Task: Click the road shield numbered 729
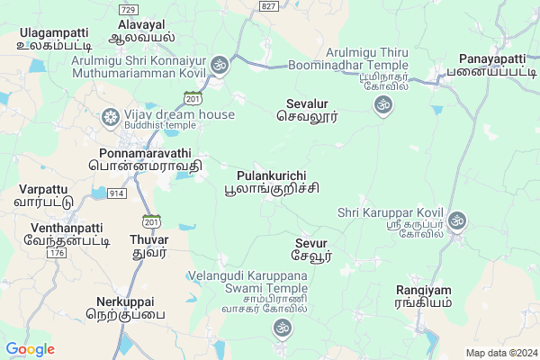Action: [x=127, y=7]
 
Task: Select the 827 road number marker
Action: [x=267, y=6]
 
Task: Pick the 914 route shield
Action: [x=117, y=193]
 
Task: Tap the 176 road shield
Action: [x=58, y=254]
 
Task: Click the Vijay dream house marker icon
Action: [x=111, y=116]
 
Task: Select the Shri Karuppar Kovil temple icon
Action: [x=457, y=220]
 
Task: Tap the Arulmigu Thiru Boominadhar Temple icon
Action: [x=382, y=106]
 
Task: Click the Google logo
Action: [x=31, y=349]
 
